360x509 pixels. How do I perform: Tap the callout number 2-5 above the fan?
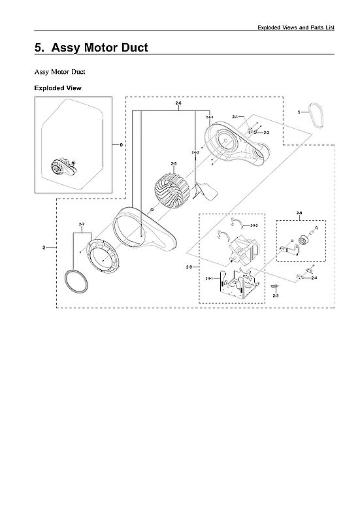(x=174, y=163)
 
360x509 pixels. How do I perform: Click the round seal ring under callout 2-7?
(x=77, y=284)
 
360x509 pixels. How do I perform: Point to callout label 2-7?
(x=82, y=225)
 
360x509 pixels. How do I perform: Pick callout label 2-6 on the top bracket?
(x=178, y=104)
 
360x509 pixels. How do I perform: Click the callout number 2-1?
(x=235, y=116)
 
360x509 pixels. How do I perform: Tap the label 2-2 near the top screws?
(x=267, y=133)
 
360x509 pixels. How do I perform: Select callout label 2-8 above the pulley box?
(x=299, y=214)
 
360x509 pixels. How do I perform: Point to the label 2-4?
(x=314, y=279)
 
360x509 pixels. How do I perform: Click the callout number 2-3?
(x=275, y=296)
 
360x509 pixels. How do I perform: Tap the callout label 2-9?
(x=189, y=268)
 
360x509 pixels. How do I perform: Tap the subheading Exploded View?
(x=58, y=88)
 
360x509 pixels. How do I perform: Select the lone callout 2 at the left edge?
(x=44, y=248)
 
